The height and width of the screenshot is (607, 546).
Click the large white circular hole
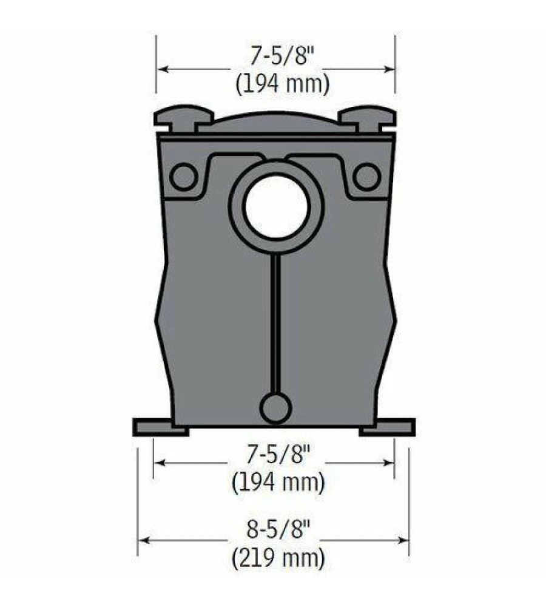pyautogui.click(x=276, y=206)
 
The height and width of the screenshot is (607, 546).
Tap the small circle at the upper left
pyautogui.click(x=183, y=177)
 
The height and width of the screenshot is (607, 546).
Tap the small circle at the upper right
pyautogui.click(x=366, y=177)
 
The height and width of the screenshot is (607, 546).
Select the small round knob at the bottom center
pyautogui.click(x=275, y=409)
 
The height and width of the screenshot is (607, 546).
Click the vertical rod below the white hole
pyautogui.click(x=275, y=324)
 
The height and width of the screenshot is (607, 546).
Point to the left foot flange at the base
pyautogui.click(x=160, y=427)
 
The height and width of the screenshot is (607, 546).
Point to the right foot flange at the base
pyautogui.click(x=387, y=427)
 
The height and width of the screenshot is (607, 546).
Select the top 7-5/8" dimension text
pyautogui.click(x=281, y=56)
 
